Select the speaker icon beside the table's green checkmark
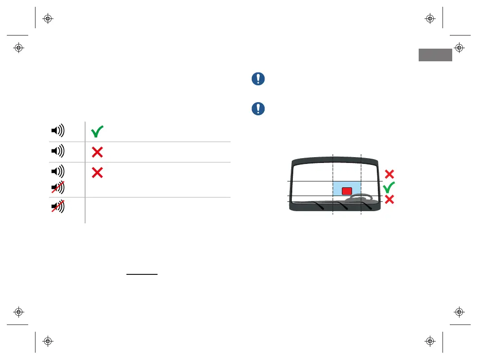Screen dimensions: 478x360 pos(58,131)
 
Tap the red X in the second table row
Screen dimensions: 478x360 pos(97,152)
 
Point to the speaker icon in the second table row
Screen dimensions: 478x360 pos(58,151)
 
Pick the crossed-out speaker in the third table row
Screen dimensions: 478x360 pos(58,187)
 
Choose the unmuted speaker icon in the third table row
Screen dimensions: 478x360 pos(58,171)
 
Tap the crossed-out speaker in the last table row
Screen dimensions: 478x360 pos(58,208)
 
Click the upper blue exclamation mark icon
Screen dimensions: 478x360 pos(258,79)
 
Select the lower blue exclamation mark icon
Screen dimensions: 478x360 pos(258,108)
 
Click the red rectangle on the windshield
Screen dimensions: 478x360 pos(347,191)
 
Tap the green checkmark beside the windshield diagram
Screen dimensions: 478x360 pos(389,187)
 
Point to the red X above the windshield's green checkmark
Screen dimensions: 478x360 pos(389,174)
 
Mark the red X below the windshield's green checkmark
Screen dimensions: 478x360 pos(389,199)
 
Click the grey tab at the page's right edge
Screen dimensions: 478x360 pos(435,55)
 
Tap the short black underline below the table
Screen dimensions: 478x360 pos(142,274)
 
